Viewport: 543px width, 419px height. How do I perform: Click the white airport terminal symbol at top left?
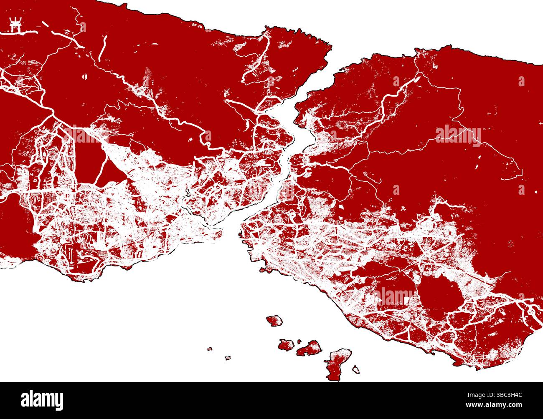(x=15, y=25)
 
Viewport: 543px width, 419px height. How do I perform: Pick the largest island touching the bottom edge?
(x=338, y=364)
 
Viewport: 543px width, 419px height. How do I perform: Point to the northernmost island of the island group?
(x=274, y=321)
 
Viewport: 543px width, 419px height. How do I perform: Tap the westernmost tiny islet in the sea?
(x=210, y=349)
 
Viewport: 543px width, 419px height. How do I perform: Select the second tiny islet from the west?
(x=228, y=358)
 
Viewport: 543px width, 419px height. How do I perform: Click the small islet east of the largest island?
(x=356, y=369)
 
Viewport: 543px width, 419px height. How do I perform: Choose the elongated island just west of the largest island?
(x=309, y=348)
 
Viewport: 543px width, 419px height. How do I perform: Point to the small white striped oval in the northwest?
(x=85, y=77)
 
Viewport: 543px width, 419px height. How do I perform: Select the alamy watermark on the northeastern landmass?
(x=458, y=135)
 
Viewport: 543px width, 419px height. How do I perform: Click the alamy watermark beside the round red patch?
(x=395, y=295)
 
